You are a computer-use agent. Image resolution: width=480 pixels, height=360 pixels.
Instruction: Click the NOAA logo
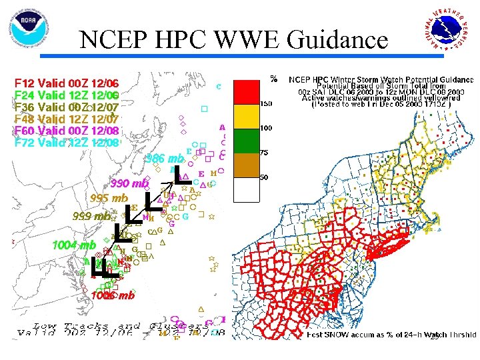[29, 28]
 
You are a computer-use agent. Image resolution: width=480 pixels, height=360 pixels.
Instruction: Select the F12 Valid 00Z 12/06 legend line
[67, 83]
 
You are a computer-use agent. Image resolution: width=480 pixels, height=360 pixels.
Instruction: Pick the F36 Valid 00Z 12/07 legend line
[67, 107]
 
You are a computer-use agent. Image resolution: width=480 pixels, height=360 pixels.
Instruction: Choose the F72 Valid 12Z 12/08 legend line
[67, 142]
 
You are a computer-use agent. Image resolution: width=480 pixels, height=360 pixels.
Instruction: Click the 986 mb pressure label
[164, 159]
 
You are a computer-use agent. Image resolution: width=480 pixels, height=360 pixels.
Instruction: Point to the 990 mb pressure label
[129, 183]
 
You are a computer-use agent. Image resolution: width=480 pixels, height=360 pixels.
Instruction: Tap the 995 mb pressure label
[109, 198]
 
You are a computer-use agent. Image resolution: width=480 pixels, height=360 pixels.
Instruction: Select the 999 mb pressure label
[92, 216]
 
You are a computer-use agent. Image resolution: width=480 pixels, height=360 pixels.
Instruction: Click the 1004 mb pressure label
[74, 245]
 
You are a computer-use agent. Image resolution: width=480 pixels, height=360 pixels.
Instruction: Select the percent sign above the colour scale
[273, 79]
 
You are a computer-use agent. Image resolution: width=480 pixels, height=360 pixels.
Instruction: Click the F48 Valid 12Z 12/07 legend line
[67, 119]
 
